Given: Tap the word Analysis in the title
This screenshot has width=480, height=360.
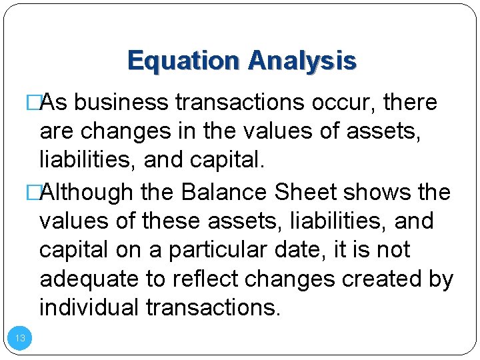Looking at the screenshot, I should [302, 61].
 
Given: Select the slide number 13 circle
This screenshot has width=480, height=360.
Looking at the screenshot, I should [20, 338].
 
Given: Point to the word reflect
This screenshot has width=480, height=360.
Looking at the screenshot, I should [205, 279].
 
